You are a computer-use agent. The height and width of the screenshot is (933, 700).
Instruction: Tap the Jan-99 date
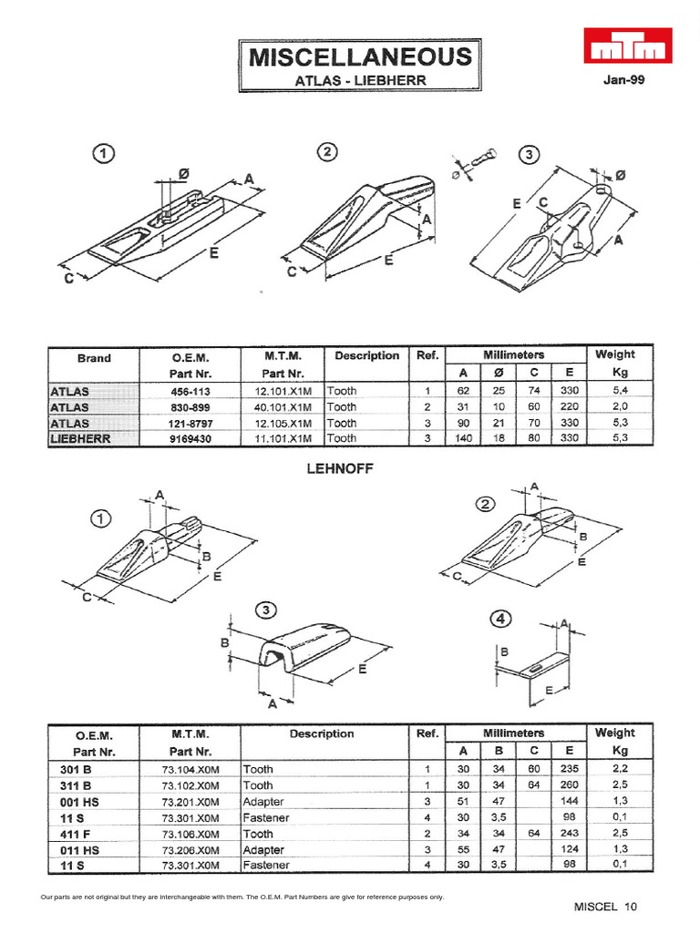pos(623,79)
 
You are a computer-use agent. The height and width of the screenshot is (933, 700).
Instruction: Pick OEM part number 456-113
pos(191,391)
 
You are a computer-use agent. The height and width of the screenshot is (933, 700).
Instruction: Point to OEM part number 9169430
pos(191,438)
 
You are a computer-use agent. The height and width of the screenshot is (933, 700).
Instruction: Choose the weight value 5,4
pos(615,391)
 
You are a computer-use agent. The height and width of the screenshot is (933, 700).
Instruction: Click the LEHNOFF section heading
pos(342,468)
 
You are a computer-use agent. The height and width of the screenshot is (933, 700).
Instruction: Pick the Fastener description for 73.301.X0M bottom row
pos(266,865)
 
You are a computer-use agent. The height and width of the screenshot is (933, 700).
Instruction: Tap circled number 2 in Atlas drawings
pos(326,152)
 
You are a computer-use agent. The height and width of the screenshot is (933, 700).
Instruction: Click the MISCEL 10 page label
pos(605,907)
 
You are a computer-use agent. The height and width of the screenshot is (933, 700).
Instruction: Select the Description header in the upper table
pos(366,355)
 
